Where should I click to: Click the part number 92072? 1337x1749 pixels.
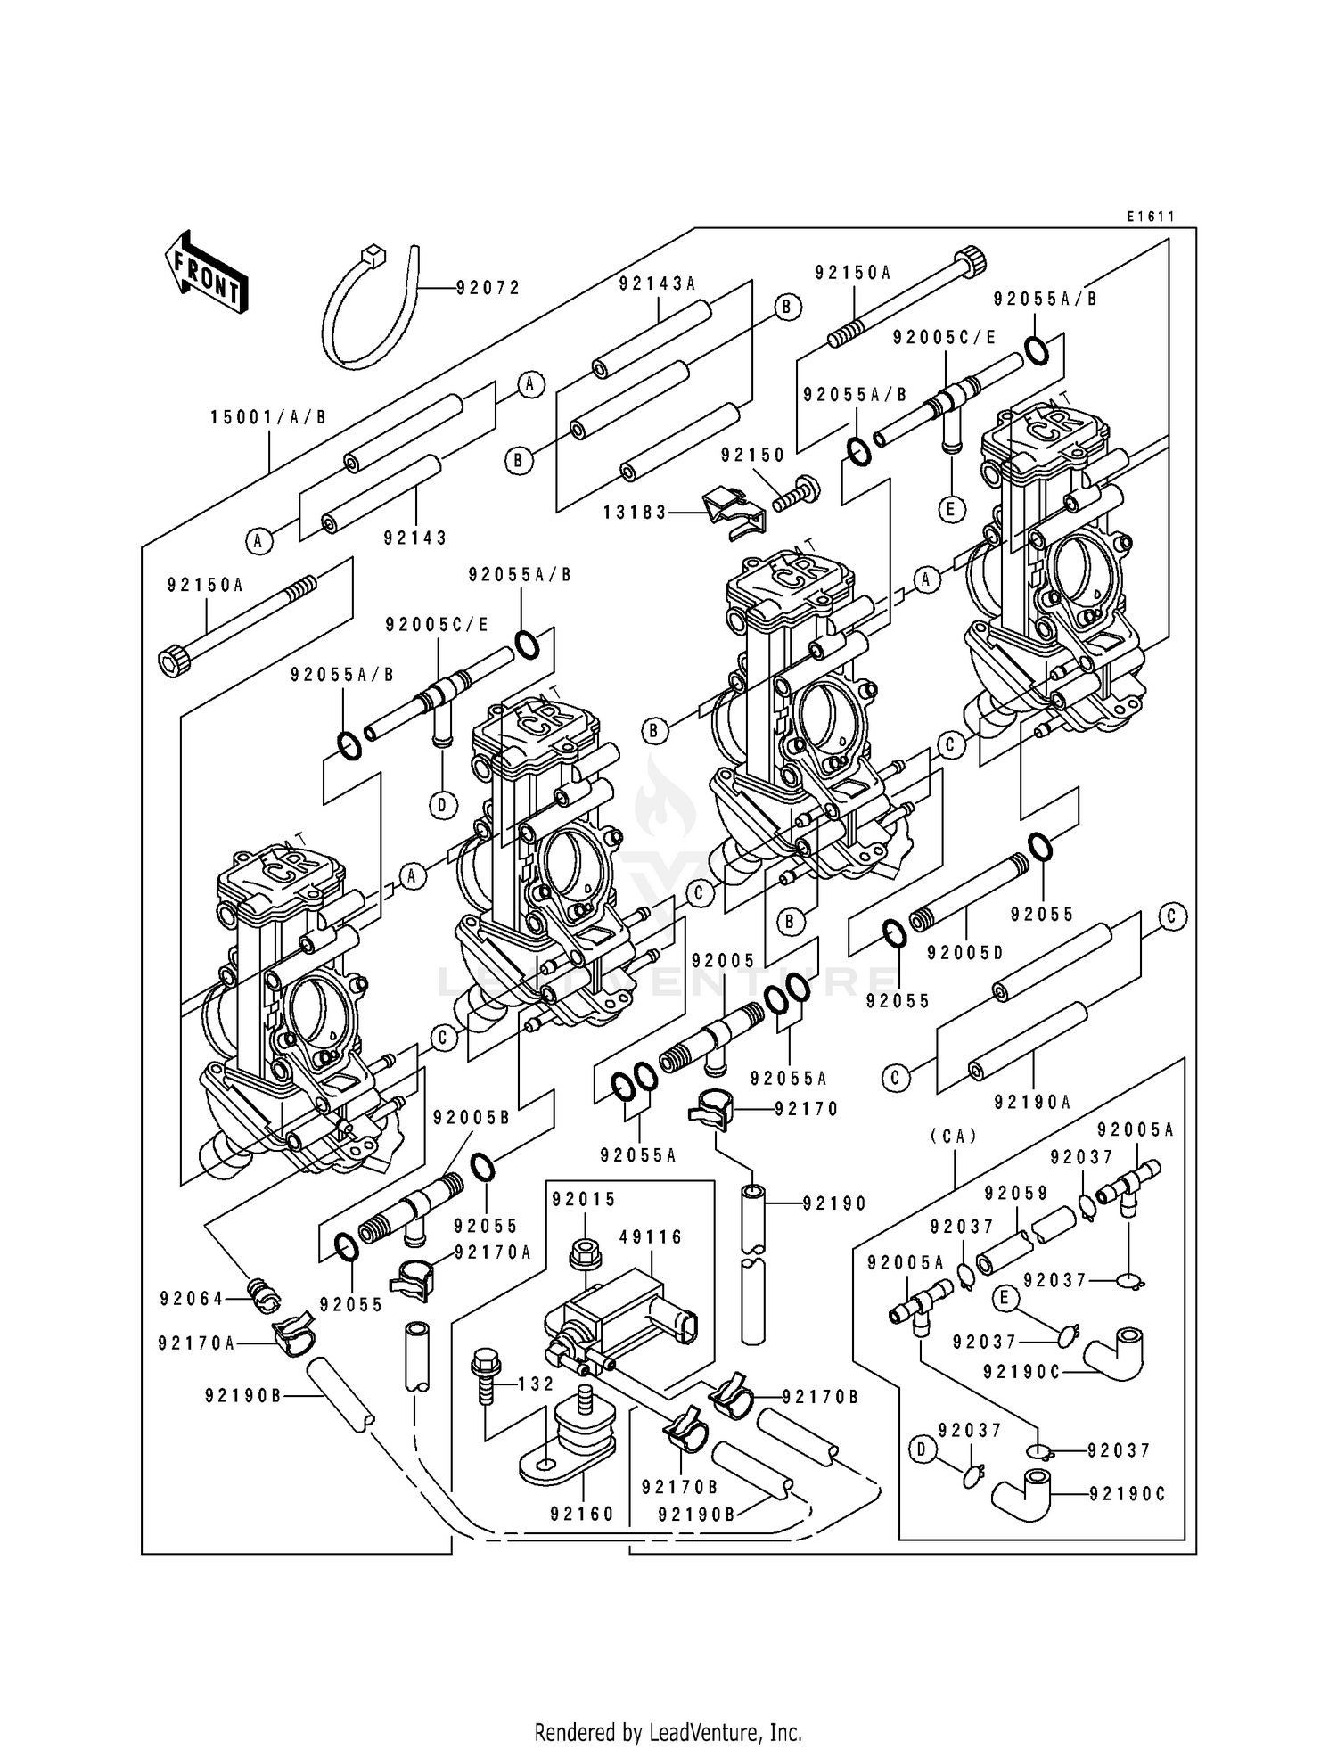tap(488, 288)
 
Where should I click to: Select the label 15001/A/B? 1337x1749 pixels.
tap(268, 417)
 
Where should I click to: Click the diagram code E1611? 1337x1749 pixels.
tap(1150, 217)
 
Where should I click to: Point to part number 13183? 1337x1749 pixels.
tap(636, 513)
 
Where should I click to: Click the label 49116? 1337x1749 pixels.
tap(651, 1237)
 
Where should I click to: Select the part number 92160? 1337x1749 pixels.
tap(582, 1514)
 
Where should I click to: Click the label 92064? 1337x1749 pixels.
tap(192, 1299)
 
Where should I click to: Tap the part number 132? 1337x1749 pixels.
tap(537, 1384)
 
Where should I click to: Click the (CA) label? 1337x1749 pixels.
tap(954, 1136)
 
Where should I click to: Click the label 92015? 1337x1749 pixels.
tap(584, 1199)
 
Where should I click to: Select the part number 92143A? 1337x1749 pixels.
tap(657, 283)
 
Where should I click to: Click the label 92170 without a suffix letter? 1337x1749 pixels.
tap(807, 1109)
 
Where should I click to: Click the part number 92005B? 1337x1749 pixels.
tap(472, 1118)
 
